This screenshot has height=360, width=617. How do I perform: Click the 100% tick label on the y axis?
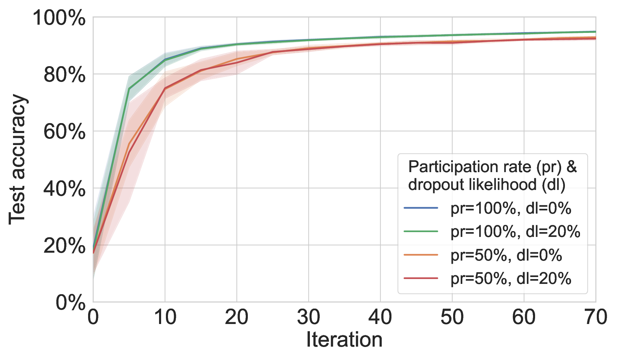coord(59,18)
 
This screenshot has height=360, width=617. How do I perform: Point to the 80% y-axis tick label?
coord(64,75)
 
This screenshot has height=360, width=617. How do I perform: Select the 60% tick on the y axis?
coord(64,132)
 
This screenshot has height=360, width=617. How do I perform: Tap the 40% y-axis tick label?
coord(64,189)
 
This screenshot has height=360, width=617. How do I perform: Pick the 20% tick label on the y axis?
coord(64,245)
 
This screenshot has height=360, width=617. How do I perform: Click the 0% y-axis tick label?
coord(70,303)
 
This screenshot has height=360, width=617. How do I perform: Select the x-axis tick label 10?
coord(165,317)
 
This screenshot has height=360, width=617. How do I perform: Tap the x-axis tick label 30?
coord(308,317)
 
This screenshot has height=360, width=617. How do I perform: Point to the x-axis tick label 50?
coord(452,317)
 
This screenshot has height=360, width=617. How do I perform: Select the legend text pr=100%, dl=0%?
coord(511,208)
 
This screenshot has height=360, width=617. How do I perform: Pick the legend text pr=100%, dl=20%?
coord(515,232)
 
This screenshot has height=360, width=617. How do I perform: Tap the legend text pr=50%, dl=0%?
coord(506,255)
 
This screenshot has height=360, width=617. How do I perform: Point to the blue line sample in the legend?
coord(421,208)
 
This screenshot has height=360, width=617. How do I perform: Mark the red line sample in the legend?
coord(421,278)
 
